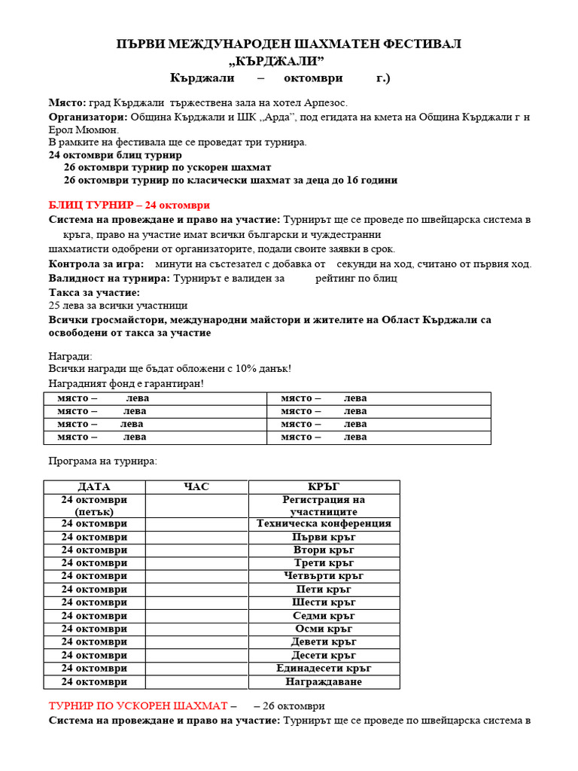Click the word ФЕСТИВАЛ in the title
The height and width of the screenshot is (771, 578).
pos(418,44)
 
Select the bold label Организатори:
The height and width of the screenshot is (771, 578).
pos(89,117)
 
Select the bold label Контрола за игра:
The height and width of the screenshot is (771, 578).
pos(96,264)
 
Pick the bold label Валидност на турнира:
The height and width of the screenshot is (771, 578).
pos(109,278)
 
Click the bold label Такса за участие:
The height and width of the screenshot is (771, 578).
pos(94,292)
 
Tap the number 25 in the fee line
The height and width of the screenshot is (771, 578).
pos(54,306)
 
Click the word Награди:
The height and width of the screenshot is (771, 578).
pos(70,355)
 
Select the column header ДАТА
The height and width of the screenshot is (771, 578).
pos(94,487)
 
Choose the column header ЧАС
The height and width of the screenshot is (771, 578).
pos(196,487)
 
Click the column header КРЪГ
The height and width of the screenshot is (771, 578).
pos(324,487)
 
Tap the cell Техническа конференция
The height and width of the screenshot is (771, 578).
pos(324,523)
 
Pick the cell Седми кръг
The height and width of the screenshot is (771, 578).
pos(324,616)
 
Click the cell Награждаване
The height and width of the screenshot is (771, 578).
pos(324,681)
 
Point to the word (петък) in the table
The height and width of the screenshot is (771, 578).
pos(94,512)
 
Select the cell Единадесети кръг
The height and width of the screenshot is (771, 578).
pos(324,668)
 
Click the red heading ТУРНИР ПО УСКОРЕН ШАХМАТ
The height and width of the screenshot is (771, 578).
pos(138,706)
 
